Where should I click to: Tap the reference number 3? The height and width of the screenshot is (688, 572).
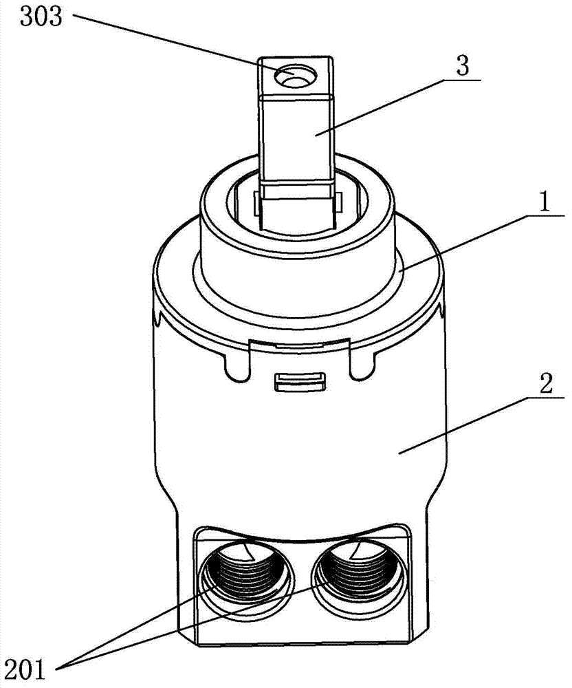coord(463,66)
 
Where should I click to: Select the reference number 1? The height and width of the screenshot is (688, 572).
coord(544,202)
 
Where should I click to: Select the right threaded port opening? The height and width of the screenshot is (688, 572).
coord(357,574)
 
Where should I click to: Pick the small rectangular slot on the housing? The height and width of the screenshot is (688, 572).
coord(300,381)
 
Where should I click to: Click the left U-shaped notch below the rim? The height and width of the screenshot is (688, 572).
coord(236,365)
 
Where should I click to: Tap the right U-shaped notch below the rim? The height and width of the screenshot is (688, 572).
coord(363,365)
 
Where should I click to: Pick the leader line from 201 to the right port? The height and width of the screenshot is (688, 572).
coord(192,627)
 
